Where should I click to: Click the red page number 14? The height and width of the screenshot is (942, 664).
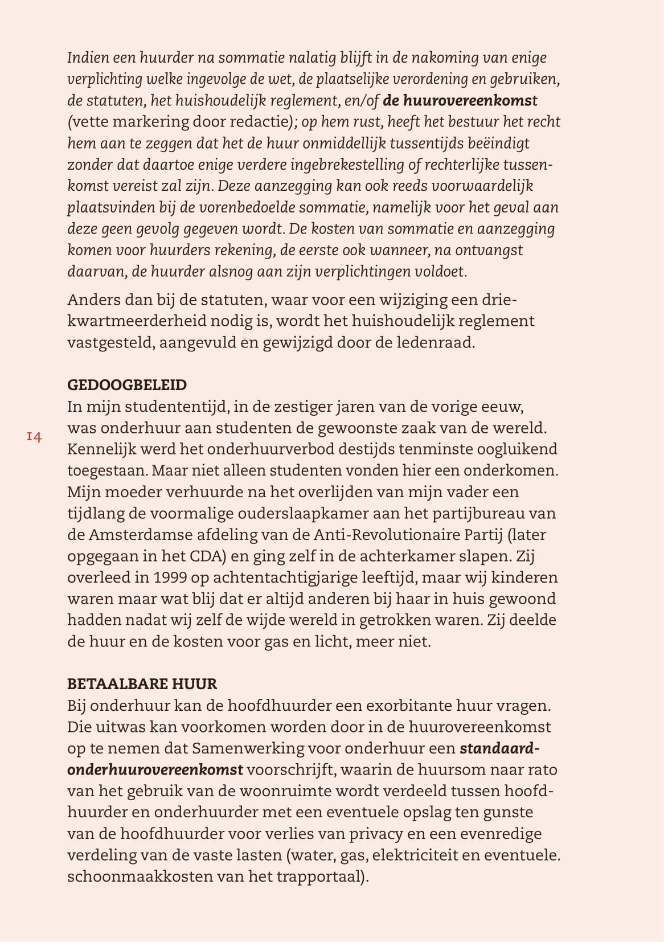tap(34, 437)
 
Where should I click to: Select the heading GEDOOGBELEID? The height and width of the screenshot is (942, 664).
tap(127, 385)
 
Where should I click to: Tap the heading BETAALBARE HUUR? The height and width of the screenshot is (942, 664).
tap(142, 683)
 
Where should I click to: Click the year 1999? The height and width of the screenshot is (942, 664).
tap(170, 578)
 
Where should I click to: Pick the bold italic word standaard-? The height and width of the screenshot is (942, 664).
tap(499, 748)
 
